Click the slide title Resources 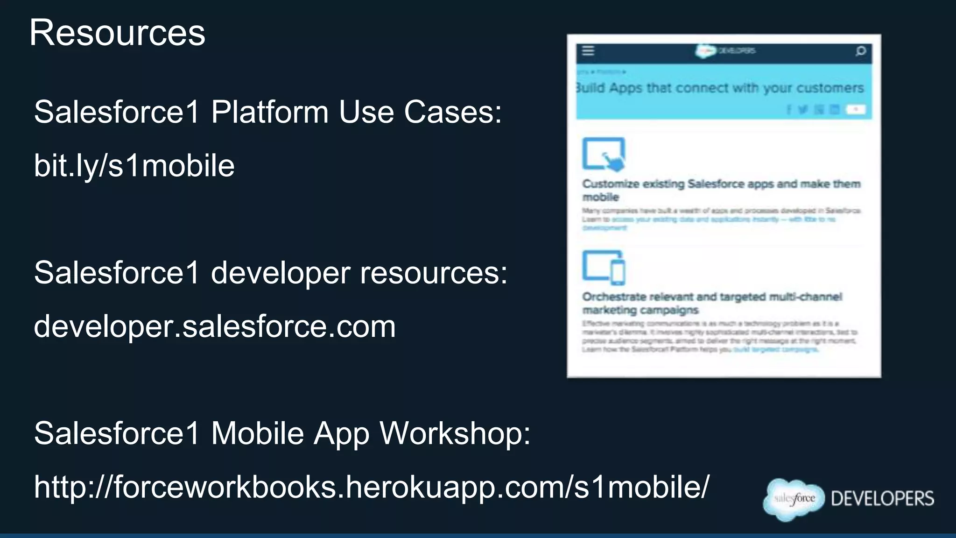click(x=117, y=33)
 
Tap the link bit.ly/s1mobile click(x=134, y=166)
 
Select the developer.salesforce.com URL click(x=215, y=326)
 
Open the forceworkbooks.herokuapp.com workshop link click(x=372, y=487)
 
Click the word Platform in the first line click(x=270, y=113)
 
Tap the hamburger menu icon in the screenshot click(x=588, y=50)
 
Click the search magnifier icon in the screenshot click(x=861, y=51)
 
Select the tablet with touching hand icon click(x=604, y=154)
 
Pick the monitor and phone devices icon click(x=604, y=267)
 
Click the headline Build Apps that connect click(x=720, y=88)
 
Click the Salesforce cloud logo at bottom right click(x=794, y=499)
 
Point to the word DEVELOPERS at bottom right click(x=883, y=499)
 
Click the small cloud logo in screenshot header click(x=705, y=51)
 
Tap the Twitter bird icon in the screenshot click(x=803, y=109)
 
